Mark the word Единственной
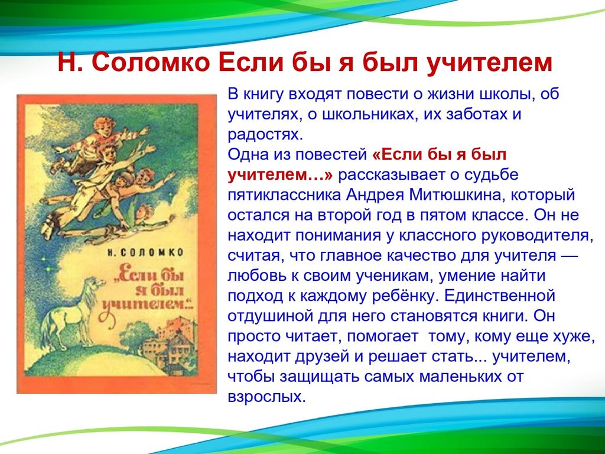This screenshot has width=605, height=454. click(x=499, y=296)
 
